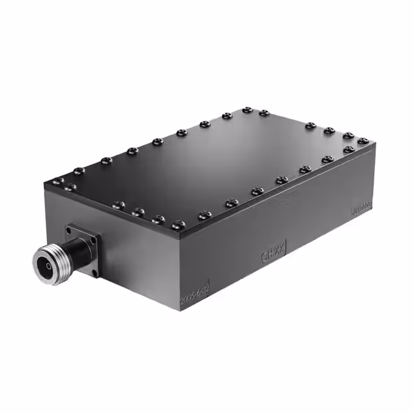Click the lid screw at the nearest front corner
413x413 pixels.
(179, 225)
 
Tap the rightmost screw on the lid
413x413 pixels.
(363, 140)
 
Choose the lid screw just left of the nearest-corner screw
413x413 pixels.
(158, 219)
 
